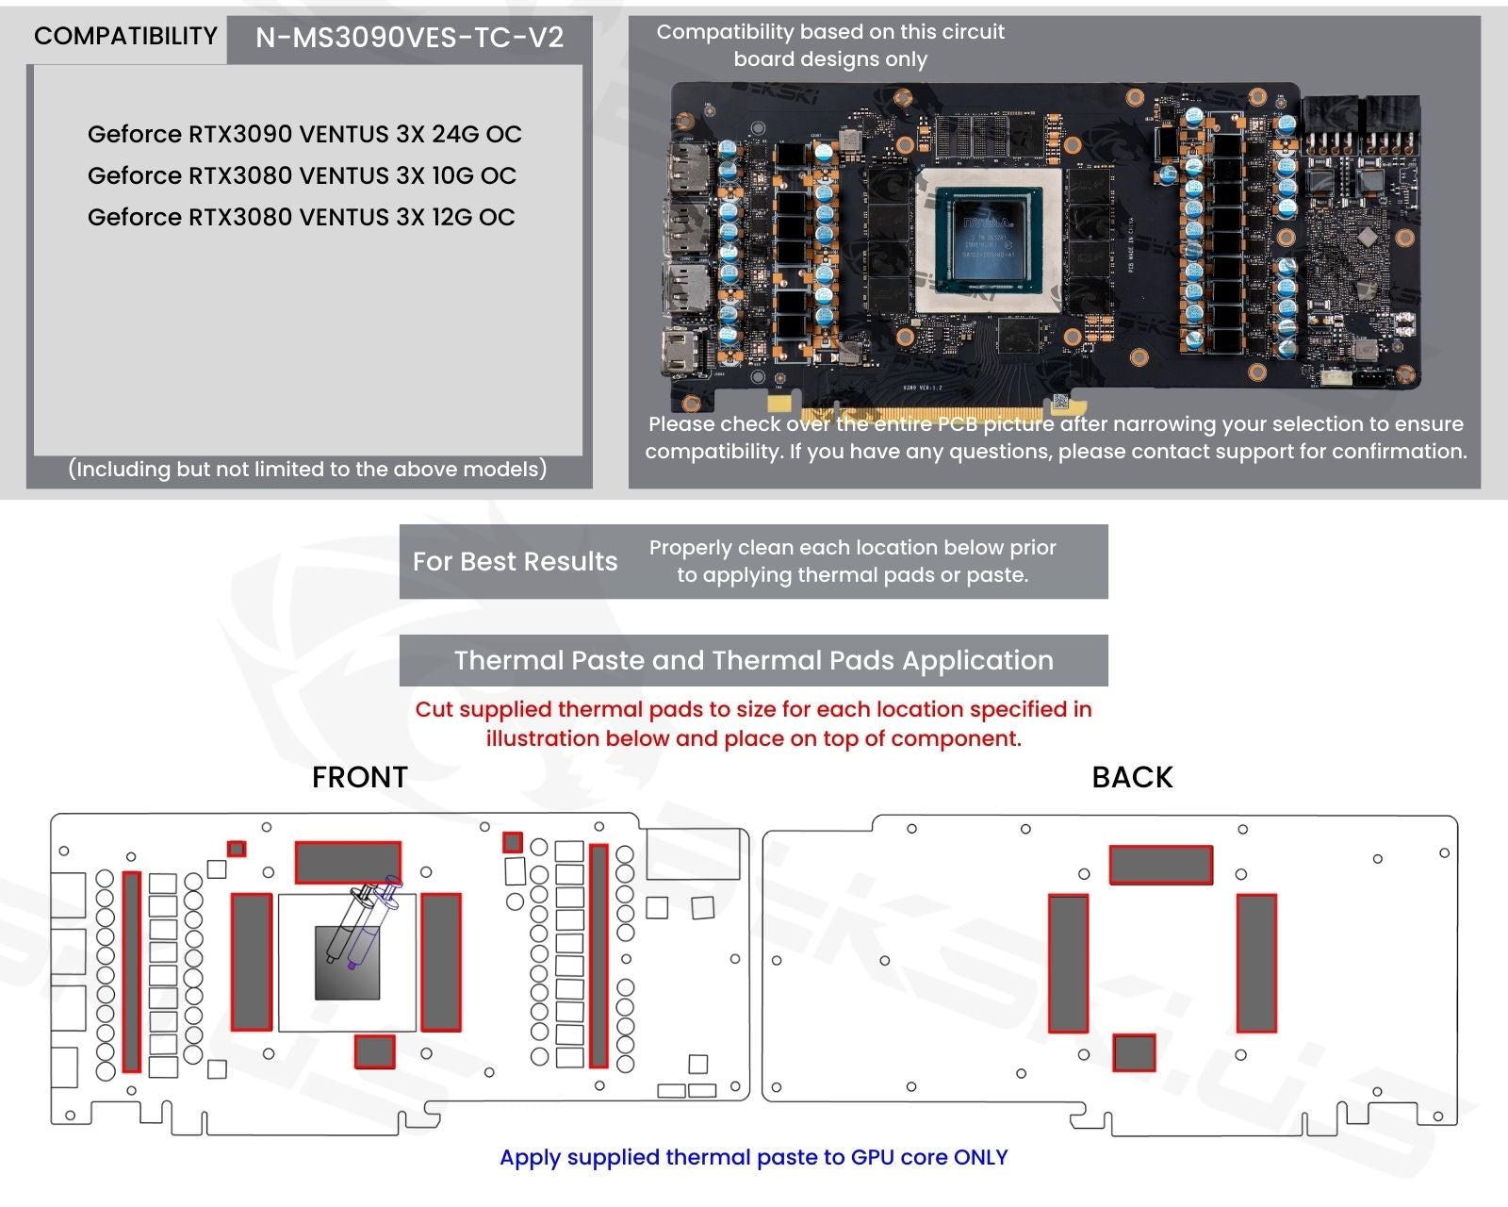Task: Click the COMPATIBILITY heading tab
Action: tap(125, 37)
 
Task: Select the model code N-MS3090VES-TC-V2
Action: tap(409, 38)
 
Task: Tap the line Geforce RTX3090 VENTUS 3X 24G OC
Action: tap(304, 134)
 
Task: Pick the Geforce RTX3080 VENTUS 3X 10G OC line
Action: tap(302, 175)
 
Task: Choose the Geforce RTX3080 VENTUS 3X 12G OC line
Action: tap(302, 217)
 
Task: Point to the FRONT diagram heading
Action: tap(360, 777)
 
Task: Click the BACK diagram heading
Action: tap(1132, 777)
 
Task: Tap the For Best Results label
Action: tap(515, 562)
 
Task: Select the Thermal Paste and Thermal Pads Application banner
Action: tap(753, 660)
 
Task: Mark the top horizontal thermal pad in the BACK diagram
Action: tap(1160, 865)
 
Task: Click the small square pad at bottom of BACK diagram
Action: tap(1134, 1052)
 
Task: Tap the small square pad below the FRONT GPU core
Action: tap(374, 1050)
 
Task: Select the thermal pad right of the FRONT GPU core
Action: tap(440, 962)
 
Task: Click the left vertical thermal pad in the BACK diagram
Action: tap(1068, 964)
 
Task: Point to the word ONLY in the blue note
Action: tap(980, 1157)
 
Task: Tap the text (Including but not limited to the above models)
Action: tap(307, 470)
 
